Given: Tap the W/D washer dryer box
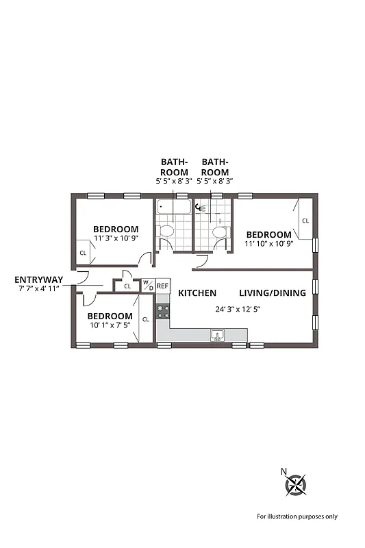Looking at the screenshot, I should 147,286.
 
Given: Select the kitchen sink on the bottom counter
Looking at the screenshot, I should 218,335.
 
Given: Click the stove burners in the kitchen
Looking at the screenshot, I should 162,312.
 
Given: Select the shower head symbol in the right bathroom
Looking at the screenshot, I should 199,207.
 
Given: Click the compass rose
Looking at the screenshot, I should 295,486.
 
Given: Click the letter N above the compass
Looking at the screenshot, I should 284,471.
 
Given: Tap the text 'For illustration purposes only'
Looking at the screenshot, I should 297,516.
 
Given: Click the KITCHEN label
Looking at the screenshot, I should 197,292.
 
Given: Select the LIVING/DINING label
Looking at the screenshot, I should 272,292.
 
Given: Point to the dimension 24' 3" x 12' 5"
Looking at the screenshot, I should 238,309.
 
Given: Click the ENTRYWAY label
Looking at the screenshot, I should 38,279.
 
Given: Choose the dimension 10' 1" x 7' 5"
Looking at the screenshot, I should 110,326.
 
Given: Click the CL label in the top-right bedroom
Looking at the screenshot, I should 305,221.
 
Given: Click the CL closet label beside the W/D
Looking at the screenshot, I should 127,286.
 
